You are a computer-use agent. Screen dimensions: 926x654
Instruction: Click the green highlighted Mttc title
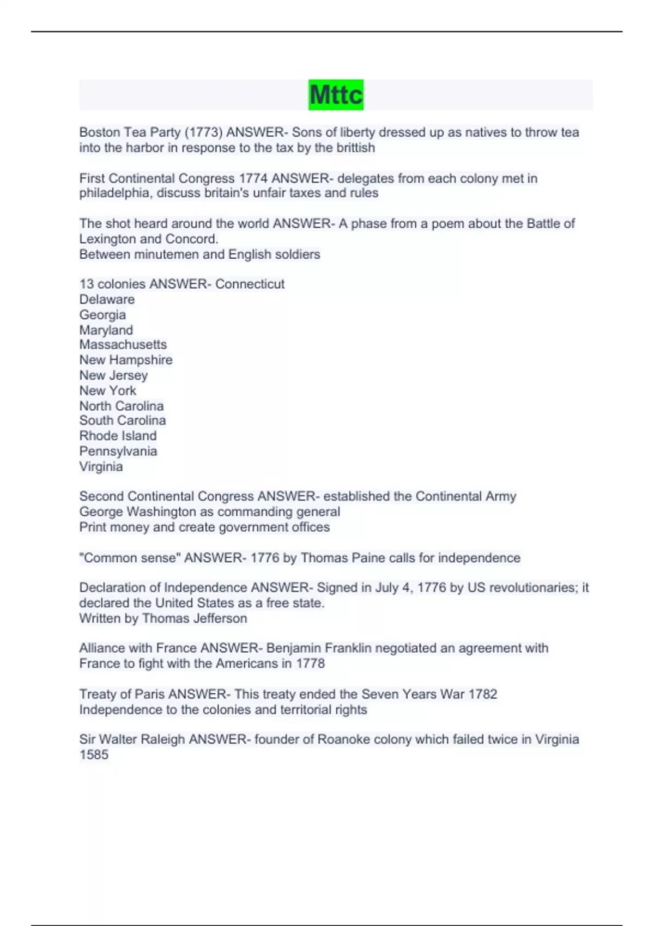[x=336, y=95]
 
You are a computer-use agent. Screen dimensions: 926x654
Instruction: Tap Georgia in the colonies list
[x=102, y=315]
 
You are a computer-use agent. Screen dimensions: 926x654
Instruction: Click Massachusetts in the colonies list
[x=123, y=344]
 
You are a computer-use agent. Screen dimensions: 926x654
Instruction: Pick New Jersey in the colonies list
[x=113, y=375]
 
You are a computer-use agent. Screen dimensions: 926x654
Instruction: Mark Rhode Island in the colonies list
[x=118, y=436]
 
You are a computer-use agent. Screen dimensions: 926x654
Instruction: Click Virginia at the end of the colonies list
[x=101, y=466]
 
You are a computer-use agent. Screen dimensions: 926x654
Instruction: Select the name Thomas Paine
[x=335, y=558]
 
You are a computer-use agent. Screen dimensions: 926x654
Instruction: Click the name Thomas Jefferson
[x=194, y=618]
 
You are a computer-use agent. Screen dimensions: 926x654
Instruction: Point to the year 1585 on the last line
[x=94, y=754]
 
